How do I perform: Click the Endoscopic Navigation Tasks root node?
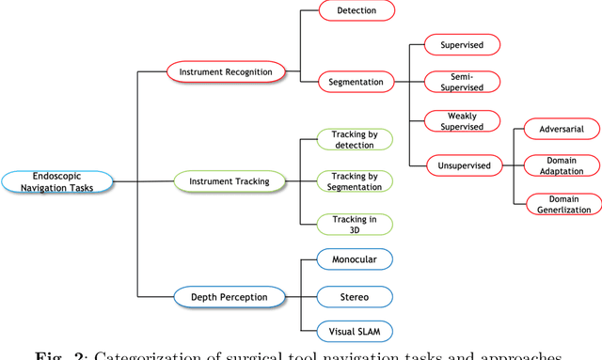pos(58,181)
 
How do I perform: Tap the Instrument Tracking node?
pos(230,181)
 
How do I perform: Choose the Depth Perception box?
pos(229,297)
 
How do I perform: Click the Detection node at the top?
pos(356,10)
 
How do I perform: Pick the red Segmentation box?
pos(355,82)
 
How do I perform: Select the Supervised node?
pos(461,44)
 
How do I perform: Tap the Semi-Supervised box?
pos(461,82)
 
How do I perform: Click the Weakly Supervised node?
pos(461,120)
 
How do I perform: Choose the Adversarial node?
pos(562,128)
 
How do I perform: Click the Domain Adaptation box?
pos(562,165)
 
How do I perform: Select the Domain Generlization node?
pos(562,204)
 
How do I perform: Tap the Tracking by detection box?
pos(354,139)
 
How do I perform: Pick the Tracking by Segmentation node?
pos(354,180)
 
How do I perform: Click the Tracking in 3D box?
pos(354,224)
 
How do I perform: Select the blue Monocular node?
pos(354,258)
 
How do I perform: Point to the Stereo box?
pos(354,297)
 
